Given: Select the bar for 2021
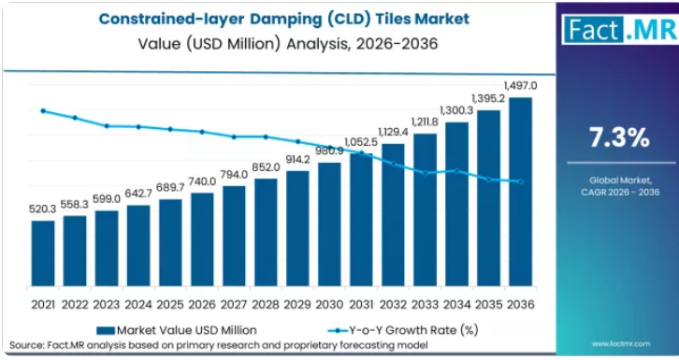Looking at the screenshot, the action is (x=43, y=253).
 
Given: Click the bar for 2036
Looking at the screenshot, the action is (x=521, y=192).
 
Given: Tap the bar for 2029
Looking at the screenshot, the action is (x=298, y=228).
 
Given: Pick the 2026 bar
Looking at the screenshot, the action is (x=202, y=239).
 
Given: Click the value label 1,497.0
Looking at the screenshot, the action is (x=521, y=86).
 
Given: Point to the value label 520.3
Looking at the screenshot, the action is (x=42, y=209).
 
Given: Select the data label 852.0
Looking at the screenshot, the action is (x=267, y=167).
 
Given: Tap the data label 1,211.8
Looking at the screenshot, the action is (x=425, y=122).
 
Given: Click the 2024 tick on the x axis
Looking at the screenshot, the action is (x=138, y=305).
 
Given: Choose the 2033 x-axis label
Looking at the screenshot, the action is (x=425, y=305).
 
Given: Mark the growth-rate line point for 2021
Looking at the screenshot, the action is (x=43, y=110).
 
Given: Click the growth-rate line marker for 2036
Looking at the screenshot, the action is (x=521, y=181).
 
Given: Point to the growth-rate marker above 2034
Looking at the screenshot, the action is (x=456, y=171).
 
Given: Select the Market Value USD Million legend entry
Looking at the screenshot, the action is (x=177, y=331).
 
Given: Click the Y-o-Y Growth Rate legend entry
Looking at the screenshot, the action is (x=403, y=331).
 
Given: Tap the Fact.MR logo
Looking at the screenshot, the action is (x=620, y=29).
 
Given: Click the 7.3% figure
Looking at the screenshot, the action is (x=619, y=137).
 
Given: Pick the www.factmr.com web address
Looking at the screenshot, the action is (x=620, y=344).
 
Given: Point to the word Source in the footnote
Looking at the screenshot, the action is (x=25, y=345).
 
